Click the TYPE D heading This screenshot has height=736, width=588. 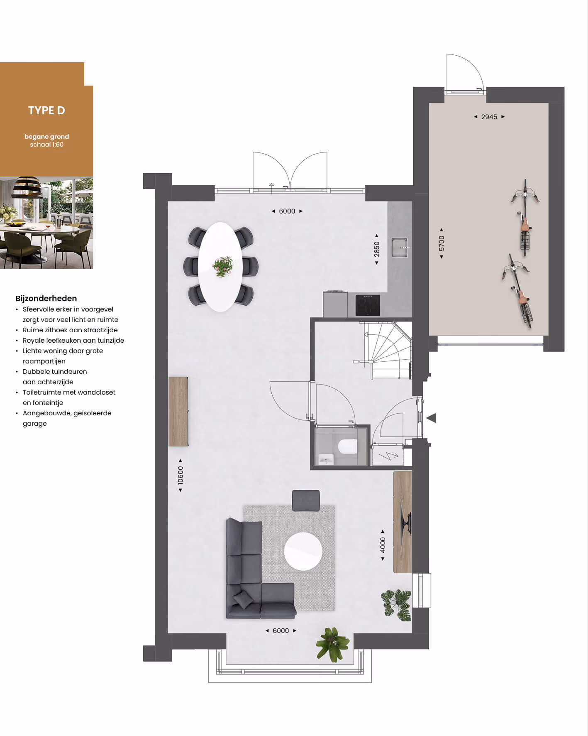tap(46, 110)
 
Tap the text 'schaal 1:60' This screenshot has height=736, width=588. tap(46, 145)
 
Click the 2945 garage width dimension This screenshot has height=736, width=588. tap(489, 117)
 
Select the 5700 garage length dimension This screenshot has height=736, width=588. tap(442, 243)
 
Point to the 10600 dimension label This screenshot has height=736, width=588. tap(181, 475)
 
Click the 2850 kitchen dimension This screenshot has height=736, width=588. tap(377, 249)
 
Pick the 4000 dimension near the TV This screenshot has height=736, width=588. tap(383, 545)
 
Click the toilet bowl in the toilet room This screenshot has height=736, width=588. tap(347, 447)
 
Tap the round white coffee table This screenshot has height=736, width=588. tap(303, 552)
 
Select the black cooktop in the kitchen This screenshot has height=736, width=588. tap(368, 305)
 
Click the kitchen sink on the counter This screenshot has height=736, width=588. tap(400, 248)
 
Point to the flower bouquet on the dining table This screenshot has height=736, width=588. tap(223, 266)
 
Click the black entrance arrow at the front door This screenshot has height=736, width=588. tap(431, 418)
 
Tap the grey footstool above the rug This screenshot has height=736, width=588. tap(306, 500)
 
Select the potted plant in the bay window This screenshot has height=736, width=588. tap(332, 644)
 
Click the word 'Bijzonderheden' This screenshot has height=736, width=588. tap(46, 298)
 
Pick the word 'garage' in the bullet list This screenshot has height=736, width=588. tap(35, 424)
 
